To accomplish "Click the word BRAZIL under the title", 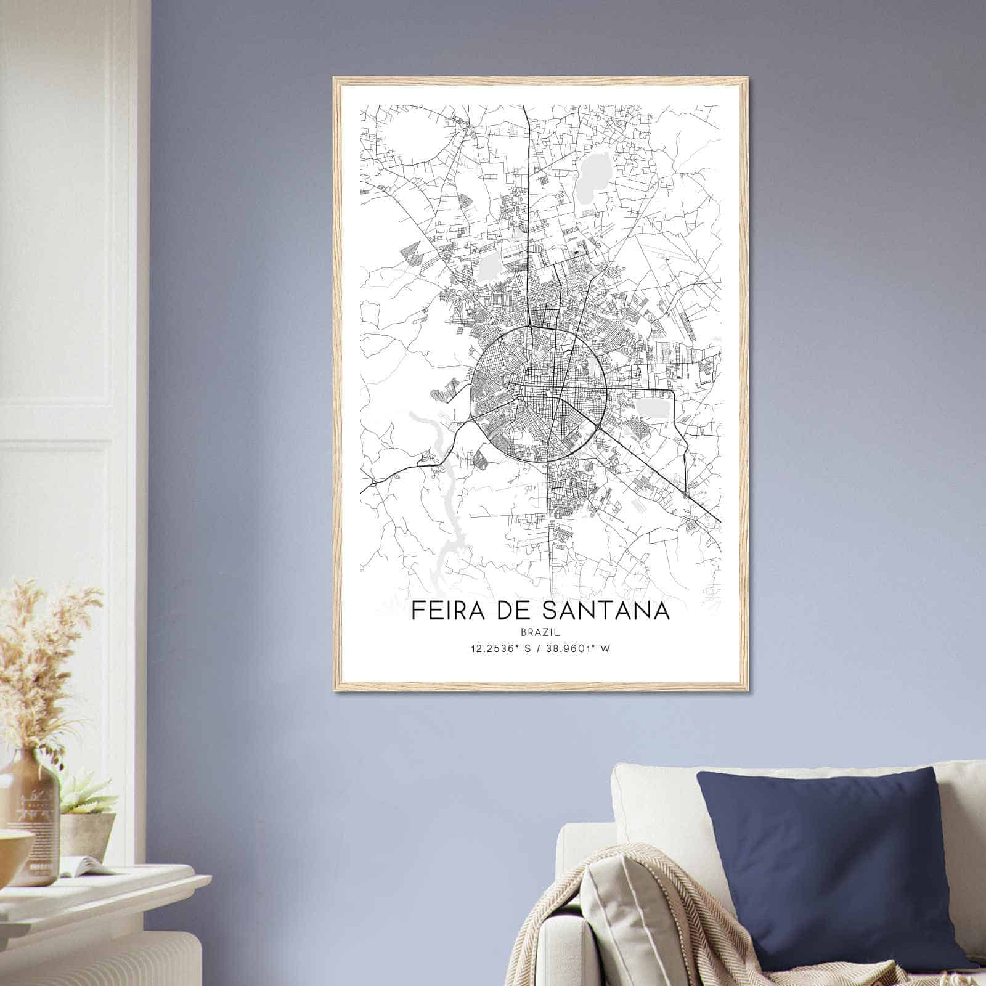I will [x=539, y=632].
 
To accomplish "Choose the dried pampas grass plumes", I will [x=43, y=647].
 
